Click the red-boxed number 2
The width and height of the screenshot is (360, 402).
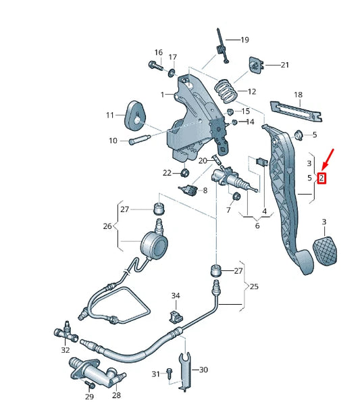coord(322,178)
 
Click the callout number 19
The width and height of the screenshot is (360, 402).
coord(244,40)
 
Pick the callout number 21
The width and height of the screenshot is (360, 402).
coord(284,65)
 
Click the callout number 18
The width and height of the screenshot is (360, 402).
coord(298,95)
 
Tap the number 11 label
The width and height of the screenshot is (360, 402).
coord(110,116)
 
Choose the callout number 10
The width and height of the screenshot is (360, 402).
coord(113,141)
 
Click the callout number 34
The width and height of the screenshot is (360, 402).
coord(176,296)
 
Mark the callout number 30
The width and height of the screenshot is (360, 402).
coord(204,370)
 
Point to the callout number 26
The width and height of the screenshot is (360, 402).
coord(107,226)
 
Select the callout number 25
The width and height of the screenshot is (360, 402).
coord(254,286)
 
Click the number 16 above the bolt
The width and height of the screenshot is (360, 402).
coord(158,52)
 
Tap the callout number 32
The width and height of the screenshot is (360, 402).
coord(65,350)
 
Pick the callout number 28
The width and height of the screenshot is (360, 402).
coord(116,395)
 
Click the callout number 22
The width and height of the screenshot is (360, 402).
coord(168,173)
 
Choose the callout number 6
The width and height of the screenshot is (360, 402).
coord(257,226)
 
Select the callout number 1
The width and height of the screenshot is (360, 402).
coord(162,94)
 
